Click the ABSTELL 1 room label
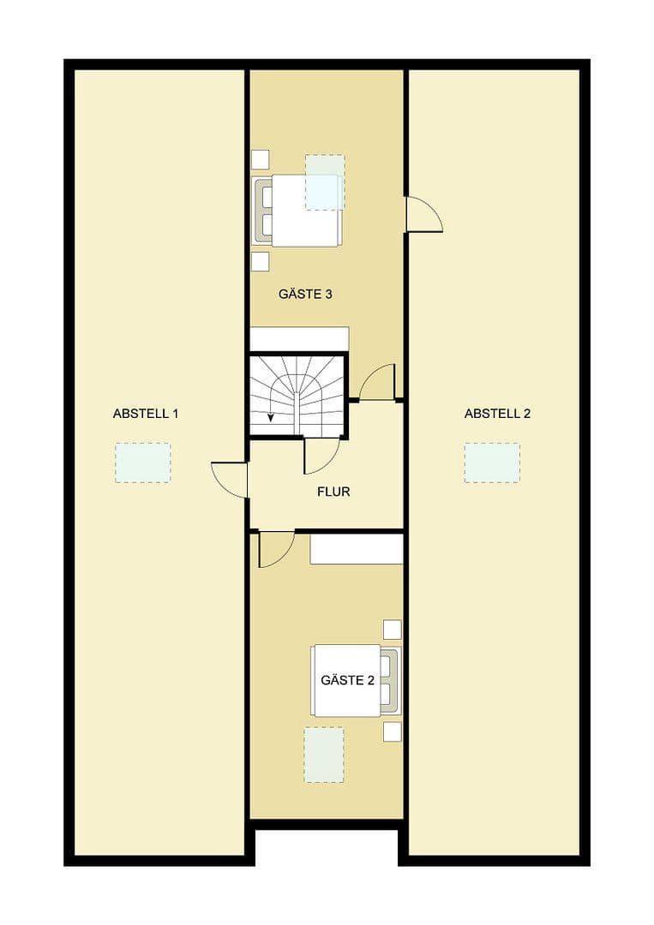point(146,414)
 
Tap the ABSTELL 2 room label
point(497,414)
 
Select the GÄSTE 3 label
point(305,294)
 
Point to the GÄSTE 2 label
point(347,681)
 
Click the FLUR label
point(333,492)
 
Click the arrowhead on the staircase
point(271,418)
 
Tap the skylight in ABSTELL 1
point(143,462)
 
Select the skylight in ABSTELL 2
point(492,462)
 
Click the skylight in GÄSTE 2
point(324,755)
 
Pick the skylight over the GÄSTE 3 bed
point(325,182)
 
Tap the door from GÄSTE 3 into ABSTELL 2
point(423,214)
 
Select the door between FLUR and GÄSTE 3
point(378,383)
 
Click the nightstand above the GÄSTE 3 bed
point(260,158)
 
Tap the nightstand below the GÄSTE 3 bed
point(260,261)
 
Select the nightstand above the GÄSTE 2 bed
point(392,629)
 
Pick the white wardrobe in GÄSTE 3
point(299,339)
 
